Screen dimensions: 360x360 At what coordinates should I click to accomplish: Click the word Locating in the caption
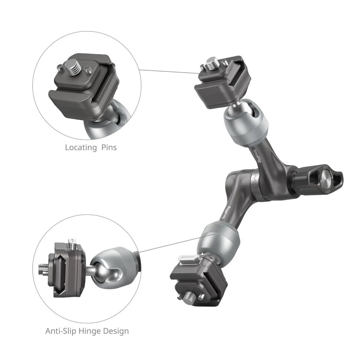pos(80,147)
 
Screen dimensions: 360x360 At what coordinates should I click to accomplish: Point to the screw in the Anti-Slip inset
pos(44,266)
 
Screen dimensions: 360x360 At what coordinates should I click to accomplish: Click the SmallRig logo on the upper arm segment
pos(255,156)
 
